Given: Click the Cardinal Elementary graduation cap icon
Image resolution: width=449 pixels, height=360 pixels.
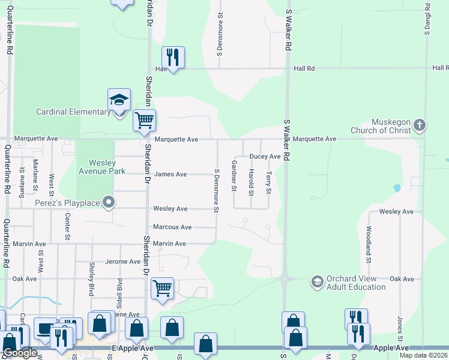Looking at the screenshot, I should (119, 99).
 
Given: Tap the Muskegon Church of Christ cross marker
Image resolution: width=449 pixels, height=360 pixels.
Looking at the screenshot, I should (420, 126).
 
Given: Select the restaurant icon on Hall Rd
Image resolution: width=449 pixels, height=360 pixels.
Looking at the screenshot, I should (173, 58).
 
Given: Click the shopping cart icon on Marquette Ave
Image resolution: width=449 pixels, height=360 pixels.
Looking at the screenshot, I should (144, 120).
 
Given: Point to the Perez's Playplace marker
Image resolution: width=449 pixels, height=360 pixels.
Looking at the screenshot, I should (108, 203).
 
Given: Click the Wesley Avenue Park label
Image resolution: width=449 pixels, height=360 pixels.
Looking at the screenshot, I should (107, 166).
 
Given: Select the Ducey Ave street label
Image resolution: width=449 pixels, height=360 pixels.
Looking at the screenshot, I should (265, 157).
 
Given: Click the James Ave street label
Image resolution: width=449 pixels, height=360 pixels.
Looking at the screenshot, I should (170, 175).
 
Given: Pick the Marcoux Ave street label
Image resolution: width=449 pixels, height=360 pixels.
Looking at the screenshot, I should (172, 227).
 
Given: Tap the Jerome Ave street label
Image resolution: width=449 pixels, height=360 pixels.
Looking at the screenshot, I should (122, 262).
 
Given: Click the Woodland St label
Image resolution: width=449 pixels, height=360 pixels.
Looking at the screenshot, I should (368, 244).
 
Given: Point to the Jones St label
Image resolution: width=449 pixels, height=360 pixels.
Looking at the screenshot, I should (399, 329).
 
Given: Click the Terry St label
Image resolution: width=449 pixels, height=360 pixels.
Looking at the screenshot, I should (269, 182).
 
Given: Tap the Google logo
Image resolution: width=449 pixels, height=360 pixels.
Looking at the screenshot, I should (20, 353).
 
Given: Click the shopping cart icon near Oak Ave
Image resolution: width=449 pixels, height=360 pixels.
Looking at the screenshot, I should (162, 288).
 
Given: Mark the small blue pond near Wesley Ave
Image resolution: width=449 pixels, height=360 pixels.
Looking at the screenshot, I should (397, 188).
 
